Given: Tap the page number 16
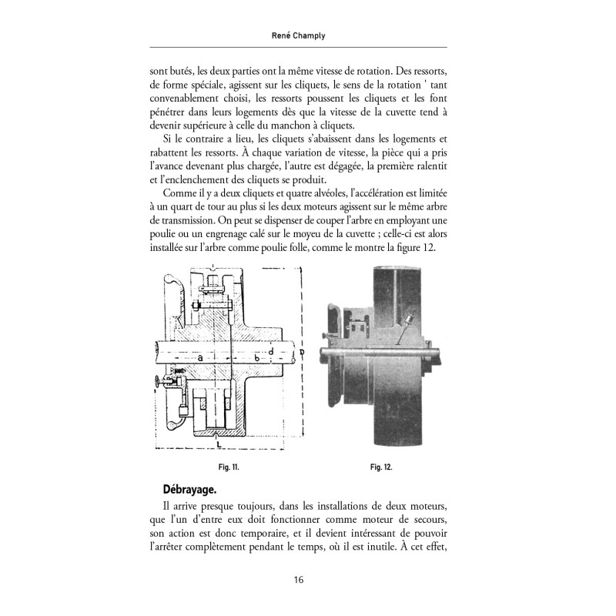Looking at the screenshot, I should (307, 580).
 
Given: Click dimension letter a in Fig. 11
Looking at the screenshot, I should (199, 358).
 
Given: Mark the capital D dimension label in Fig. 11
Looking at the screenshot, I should (302, 353).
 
